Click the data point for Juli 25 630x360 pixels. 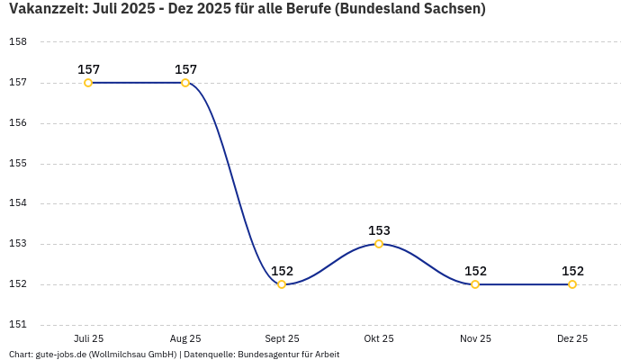(x=88, y=83)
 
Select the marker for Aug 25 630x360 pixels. (x=185, y=83)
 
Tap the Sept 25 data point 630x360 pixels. (x=282, y=284)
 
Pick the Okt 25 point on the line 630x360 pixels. (x=379, y=244)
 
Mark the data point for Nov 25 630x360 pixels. (x=475, y=284)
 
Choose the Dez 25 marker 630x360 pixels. (x=572, y=284)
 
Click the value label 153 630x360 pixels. (x=379, y=230)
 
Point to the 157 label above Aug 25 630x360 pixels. (x=185, y=69)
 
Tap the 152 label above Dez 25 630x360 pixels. (x=572, y=271)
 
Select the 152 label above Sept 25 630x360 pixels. (x=282, y=271)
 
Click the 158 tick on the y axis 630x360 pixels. (x=18, y=42)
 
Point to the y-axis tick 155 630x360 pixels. (x=18, y=164)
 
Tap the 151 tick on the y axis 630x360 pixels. (x=18, y=325)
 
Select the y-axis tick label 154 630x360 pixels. (x=18, y=203)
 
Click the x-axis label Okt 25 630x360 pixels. (x=379, y=338)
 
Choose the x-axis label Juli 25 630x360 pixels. (x=88, y=338)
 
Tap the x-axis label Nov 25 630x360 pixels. (x=475, y=338)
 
